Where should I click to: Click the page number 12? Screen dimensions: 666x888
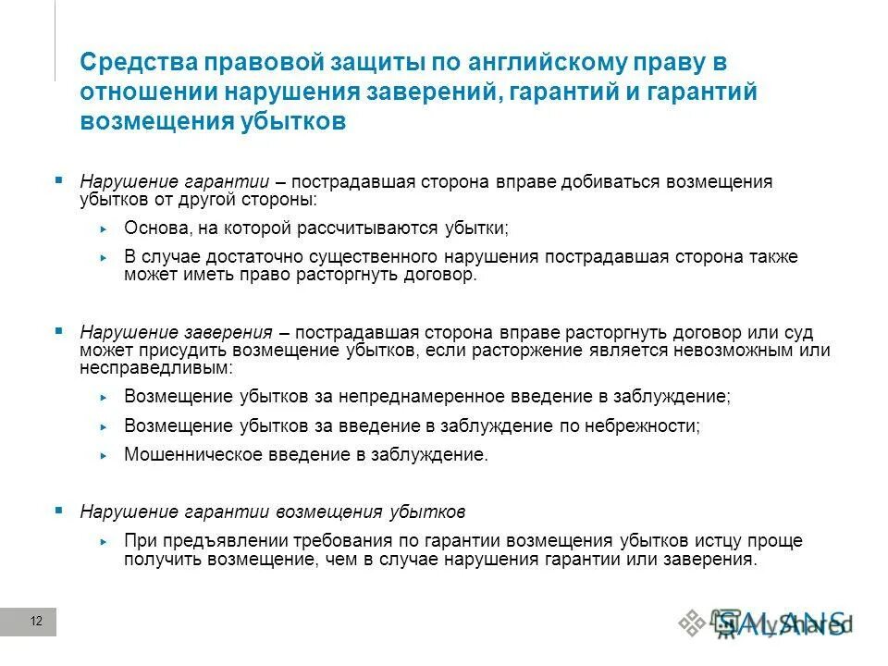pyautogui.click(x=36, y=621)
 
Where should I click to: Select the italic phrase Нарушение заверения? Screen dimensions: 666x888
pyautogui.click(x=176, y=332)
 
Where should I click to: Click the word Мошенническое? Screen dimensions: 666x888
pyautogui.click(x=193, y=455)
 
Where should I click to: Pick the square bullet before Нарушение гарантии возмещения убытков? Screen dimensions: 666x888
pyautogui.click(x=59, y=510)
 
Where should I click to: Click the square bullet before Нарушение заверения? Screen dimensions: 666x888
pyautogui.click(x=59, y=330)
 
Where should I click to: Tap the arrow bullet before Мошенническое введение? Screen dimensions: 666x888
pyautogui.click(x=104, y=456)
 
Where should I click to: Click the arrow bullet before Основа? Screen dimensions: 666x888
pyautogui.click(x=104, y=228)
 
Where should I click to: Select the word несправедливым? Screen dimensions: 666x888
pyautogui.click(x=143, y=367)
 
